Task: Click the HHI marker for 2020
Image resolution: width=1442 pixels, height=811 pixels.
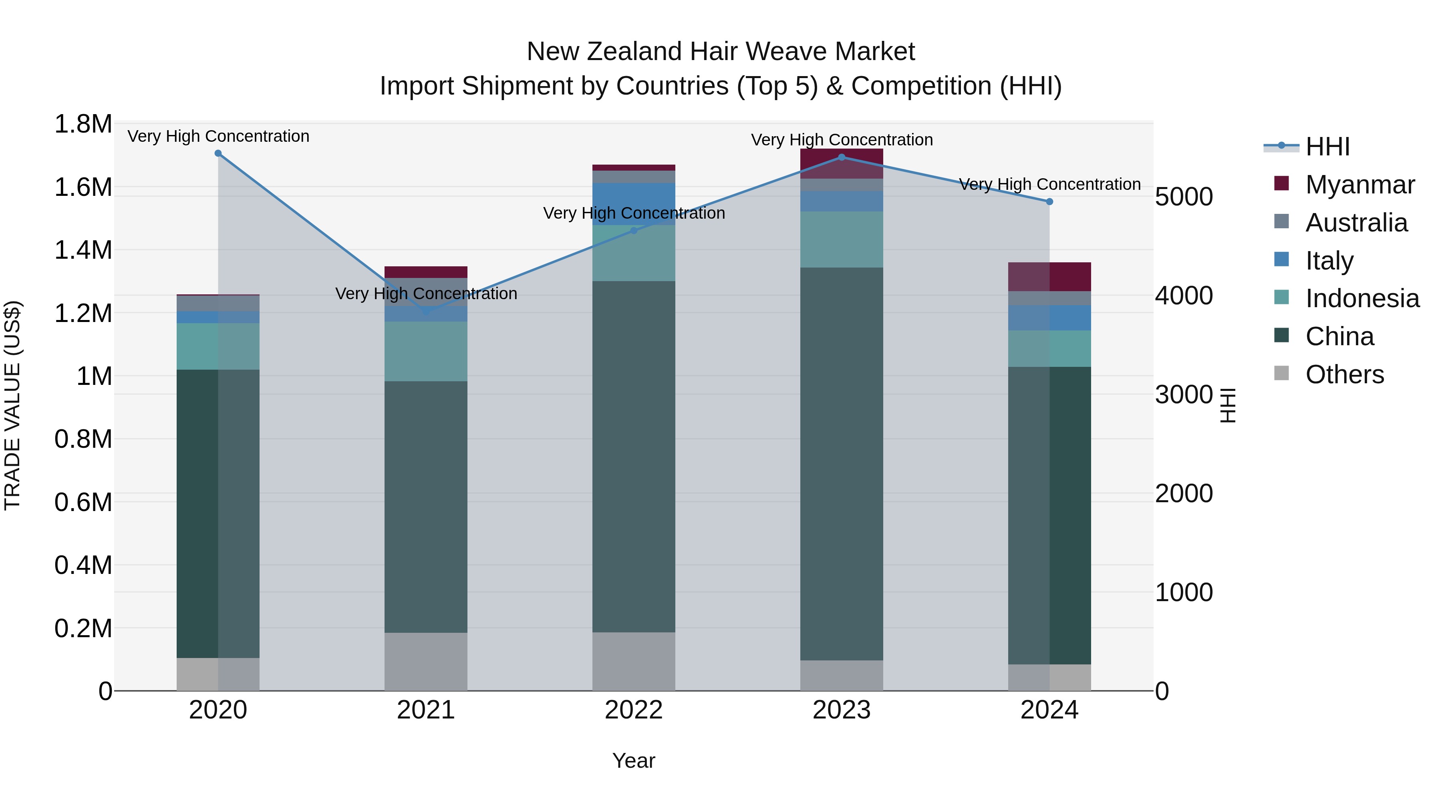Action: (x=218, y=153)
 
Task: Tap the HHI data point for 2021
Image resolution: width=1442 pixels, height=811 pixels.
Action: (x=426, y=311)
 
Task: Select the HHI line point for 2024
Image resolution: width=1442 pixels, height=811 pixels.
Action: (x=1049, y=201)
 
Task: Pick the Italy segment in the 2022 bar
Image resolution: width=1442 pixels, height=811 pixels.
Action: (x=634, y=204)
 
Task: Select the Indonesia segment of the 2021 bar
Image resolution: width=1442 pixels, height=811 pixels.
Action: (x=426, y=352)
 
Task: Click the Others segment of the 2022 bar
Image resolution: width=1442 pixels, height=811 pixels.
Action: (x=634, y=662)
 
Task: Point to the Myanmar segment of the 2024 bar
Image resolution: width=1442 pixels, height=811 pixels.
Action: (x=1049, y=276)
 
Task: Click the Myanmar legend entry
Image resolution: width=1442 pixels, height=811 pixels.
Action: (x=1360, y=185)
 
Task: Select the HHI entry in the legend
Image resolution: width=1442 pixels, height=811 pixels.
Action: (x=1327, y=147)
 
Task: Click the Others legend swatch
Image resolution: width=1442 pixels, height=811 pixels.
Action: (x=1281, y=373)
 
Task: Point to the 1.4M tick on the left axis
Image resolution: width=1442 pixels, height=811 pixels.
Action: (x=83, y=250)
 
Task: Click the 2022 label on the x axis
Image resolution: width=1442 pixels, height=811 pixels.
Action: (x=634, y=710)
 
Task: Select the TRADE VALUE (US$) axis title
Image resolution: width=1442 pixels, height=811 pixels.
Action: (x=12, y=406)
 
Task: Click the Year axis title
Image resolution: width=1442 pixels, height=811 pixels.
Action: (x=634, y=761)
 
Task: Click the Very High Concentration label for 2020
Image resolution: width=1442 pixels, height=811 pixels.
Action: (x=218, y=136)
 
